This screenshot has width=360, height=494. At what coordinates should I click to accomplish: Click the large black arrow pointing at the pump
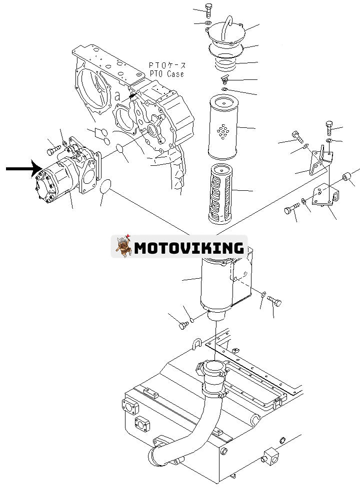coord(22,169)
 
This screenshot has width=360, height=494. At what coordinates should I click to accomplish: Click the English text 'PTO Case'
coord(166,74)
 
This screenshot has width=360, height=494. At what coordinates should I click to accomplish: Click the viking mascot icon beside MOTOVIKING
coord(121,246)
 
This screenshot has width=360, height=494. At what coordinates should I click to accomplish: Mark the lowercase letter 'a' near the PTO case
coord(116,95)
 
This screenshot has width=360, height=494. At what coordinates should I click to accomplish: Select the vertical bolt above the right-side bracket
coord(328,128)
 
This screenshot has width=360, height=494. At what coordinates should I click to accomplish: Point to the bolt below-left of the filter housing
coord(182,325)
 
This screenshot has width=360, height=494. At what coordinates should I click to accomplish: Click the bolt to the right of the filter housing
coord(275,301)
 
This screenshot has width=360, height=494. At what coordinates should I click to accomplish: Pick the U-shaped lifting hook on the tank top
coord(196,344)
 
